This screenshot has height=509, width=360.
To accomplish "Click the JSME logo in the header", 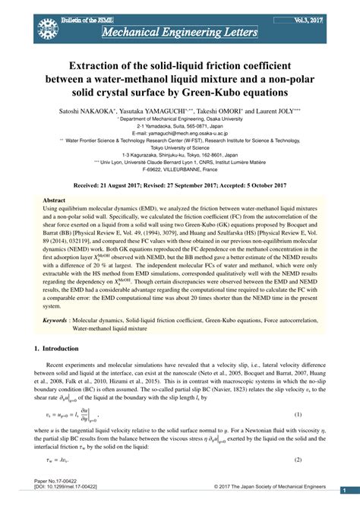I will point(45,23).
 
